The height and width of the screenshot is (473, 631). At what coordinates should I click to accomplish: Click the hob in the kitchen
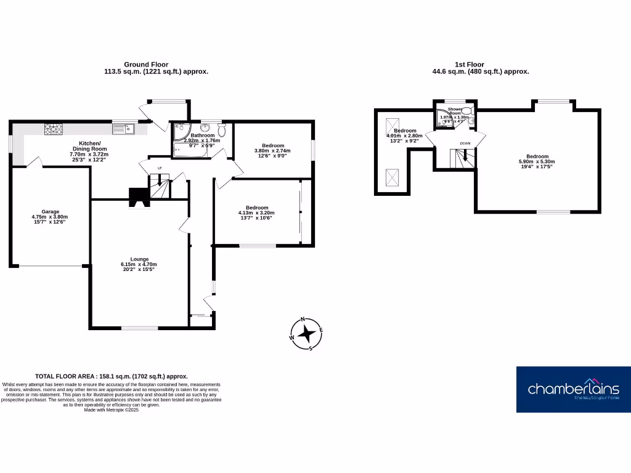(53, 129)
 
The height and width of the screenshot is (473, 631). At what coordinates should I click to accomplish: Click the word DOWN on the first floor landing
(465, 144)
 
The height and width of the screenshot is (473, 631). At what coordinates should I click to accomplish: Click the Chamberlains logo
(573, 389)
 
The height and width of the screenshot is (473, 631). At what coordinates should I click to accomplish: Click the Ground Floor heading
(146, 64)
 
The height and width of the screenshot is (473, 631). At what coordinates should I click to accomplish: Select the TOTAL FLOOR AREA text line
(112, 376)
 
